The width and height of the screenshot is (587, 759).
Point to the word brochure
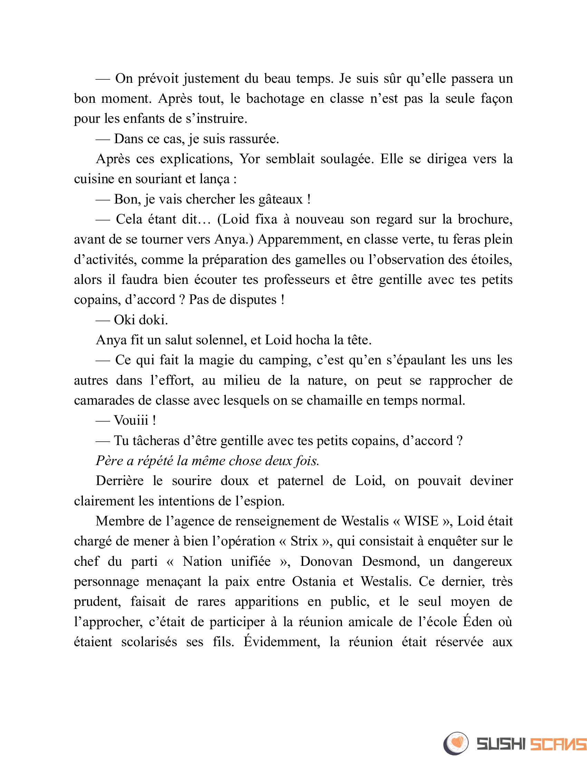pyautogui.click(x=485, y=220)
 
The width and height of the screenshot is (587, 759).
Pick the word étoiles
pyautogui.click(x=492, y=260)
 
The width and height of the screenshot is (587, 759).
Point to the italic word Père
pyautogui.click(x=109, y=461)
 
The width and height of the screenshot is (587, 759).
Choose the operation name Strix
pyautogui.click(x=304, y=541)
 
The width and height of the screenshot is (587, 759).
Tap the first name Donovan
pyautogui.click(x=326, y=562)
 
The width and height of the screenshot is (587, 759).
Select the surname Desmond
pyautogui.click(x=391, y=562)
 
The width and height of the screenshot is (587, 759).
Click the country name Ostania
pyautogui.click(x=314, y=582)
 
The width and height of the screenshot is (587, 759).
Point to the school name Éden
pyautogui.click(x=478, y=622)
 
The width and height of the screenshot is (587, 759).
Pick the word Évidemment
pyautogui.click(x=282, y=642)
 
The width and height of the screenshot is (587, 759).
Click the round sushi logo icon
pyautogui.click(x=456, y=743)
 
